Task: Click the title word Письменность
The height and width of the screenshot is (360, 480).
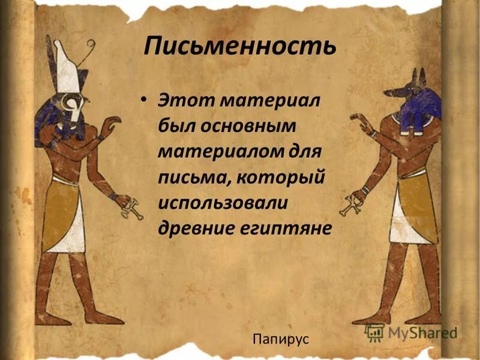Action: coord(239,46)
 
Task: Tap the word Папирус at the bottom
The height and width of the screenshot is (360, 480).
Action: coord(281,339)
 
